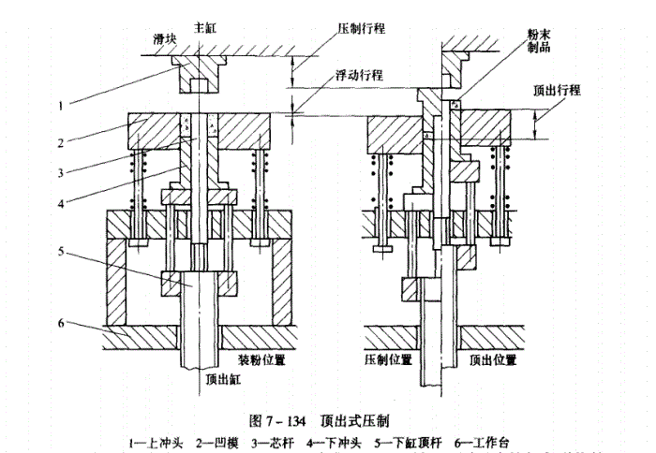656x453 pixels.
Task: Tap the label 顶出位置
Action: tap(494, 358)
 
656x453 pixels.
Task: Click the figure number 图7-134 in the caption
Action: tap(272, 417)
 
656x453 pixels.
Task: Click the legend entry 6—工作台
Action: tap(483, 440)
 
